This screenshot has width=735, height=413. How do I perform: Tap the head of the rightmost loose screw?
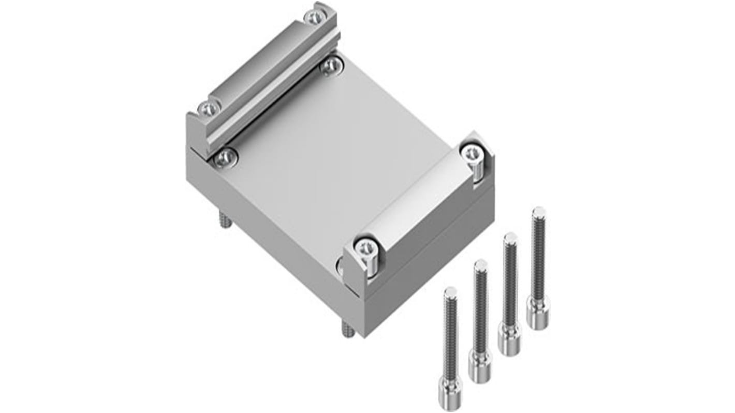[538, 312]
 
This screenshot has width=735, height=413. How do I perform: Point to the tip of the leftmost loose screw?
[450, 291]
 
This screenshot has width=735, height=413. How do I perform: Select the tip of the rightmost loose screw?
[538, 211]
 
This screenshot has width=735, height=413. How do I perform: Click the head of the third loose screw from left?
[509, 339]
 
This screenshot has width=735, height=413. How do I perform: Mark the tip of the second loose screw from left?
[480, 264]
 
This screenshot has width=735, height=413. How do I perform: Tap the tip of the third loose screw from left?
[510, 238]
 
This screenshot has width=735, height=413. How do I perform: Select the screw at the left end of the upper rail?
[210, 108]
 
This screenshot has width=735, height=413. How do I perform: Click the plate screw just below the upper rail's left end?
[226, 158]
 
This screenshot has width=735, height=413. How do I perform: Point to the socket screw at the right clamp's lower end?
[366, 247]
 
